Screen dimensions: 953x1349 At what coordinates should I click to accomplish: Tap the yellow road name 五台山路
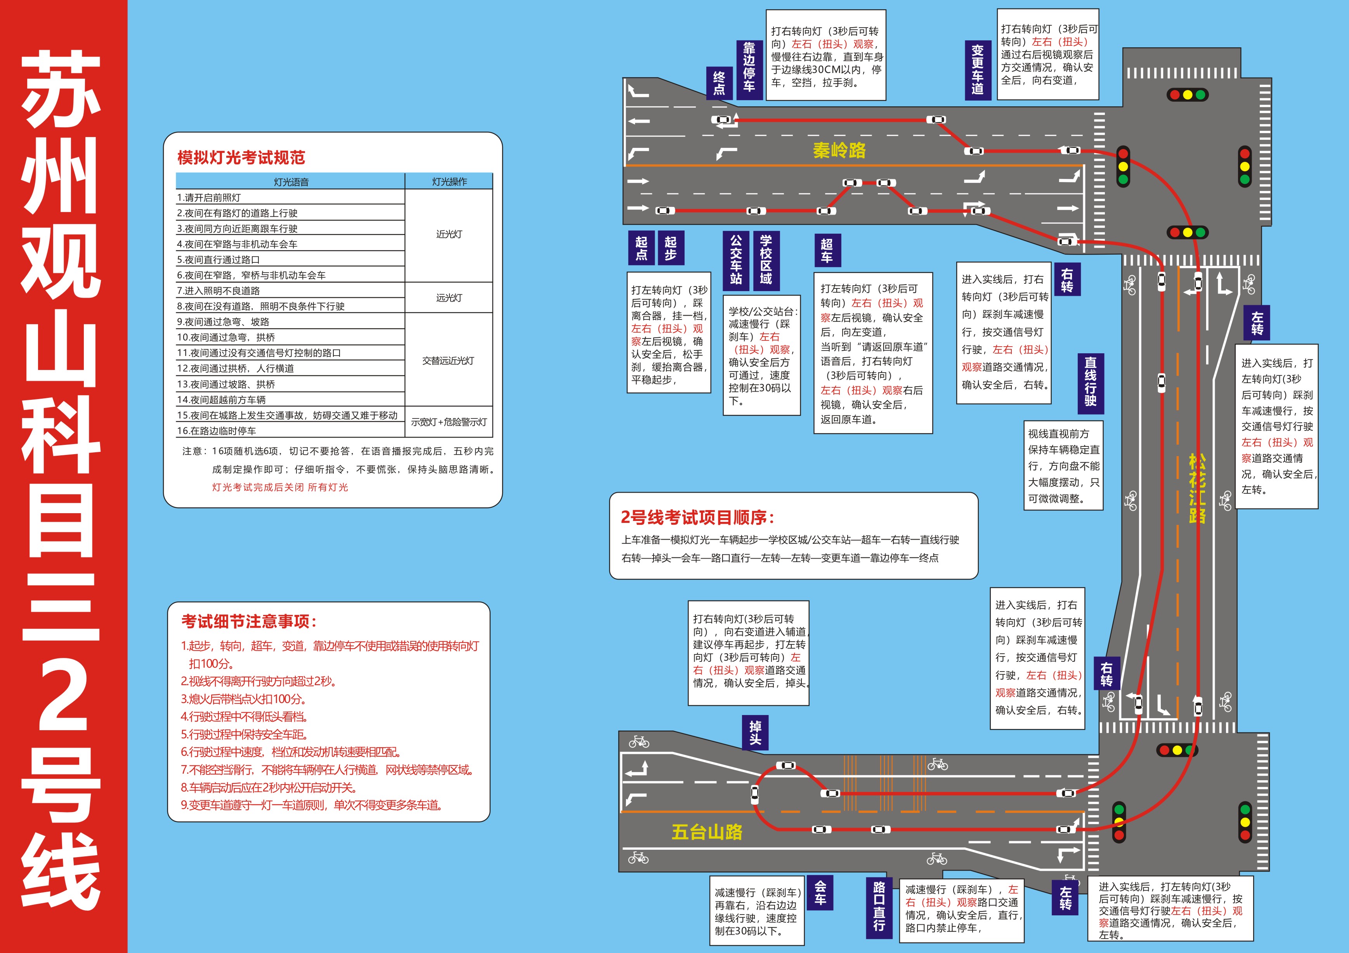coord(707,832)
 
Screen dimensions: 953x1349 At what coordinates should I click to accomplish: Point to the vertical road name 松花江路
coord(1197,488)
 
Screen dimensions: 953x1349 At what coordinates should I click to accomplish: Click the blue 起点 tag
coord(641,248)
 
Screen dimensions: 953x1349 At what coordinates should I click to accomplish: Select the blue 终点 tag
coord(719,83)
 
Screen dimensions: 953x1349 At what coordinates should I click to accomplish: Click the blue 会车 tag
coord(820,892)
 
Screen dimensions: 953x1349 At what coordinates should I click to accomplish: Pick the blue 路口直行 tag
coord(879,905)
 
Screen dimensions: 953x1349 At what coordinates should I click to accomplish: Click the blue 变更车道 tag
coord(977,70)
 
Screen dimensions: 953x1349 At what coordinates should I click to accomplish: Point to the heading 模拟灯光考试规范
coord(241,158)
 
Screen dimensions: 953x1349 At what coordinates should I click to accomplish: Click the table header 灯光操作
coord(449,182)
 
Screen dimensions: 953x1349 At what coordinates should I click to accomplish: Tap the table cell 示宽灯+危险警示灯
coord(449,422)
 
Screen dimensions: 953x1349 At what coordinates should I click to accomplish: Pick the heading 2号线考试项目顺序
coord(697,517)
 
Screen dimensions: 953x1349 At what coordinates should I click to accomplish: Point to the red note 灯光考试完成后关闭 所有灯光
coord(280,487)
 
